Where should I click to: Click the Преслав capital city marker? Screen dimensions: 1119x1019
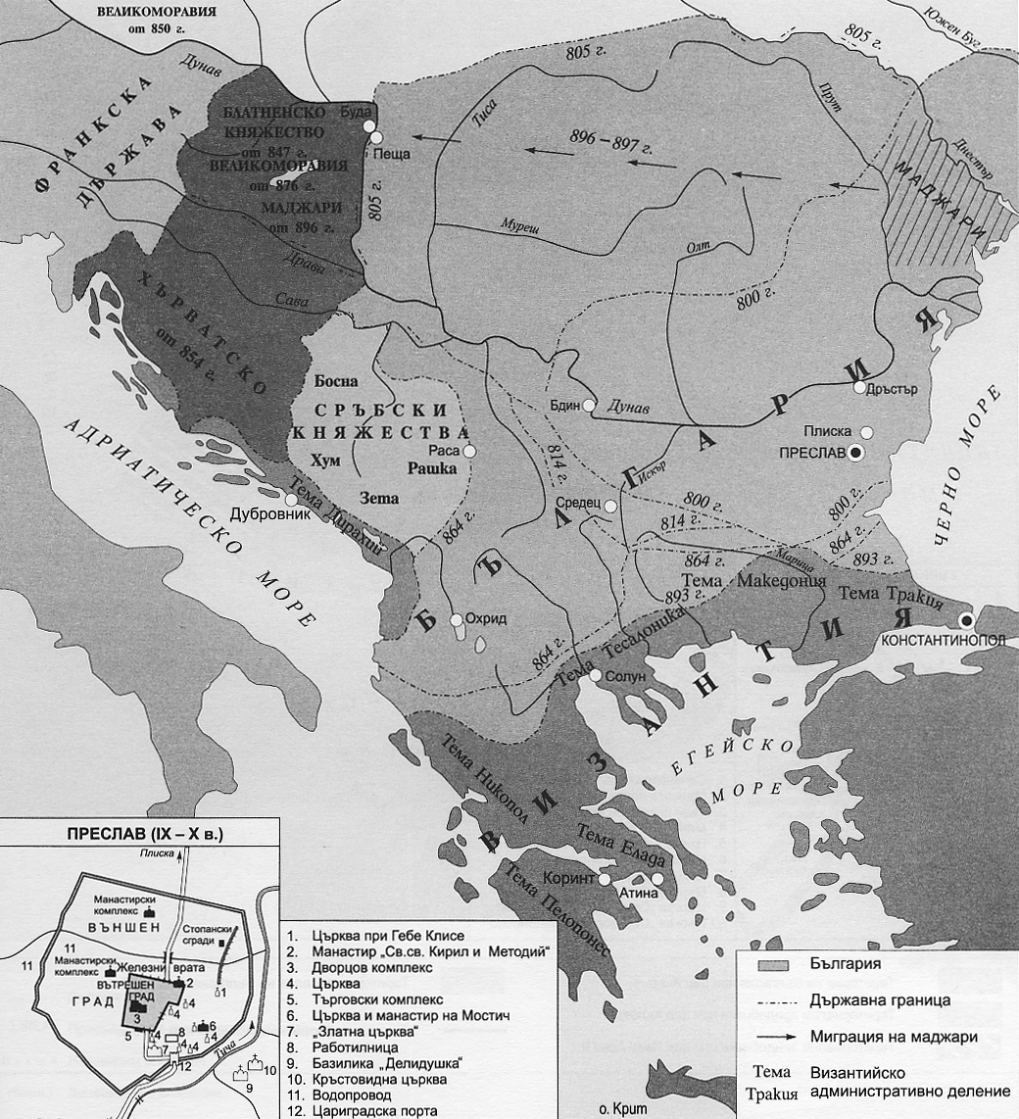coord(856,453)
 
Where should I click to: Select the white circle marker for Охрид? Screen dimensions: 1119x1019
coord(456,620)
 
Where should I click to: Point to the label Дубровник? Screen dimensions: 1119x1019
coord(265,512)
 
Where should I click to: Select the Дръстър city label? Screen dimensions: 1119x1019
coord(893,388)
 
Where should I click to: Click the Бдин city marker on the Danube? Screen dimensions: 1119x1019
coord(588,405)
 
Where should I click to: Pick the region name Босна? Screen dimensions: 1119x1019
coord(337,380)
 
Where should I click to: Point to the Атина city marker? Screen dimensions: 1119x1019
coord(657,879)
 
